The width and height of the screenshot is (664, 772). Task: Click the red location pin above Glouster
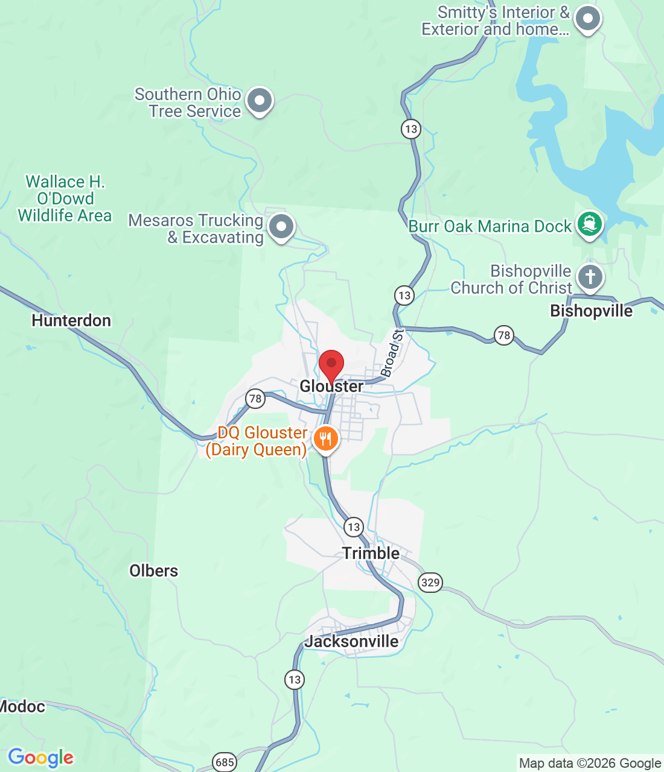tap(331, 364)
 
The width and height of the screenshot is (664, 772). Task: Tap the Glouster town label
tap(331, 387)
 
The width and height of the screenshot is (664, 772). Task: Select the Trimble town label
tap(371, 553)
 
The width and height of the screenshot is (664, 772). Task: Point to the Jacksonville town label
tap(351, 641)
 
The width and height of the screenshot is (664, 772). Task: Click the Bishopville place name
tap(591, 311)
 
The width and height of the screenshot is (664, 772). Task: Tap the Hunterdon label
tap(71, 320)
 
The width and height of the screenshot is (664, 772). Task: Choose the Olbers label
tap(154, 571)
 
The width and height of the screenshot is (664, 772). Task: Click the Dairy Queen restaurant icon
tap(325, 438)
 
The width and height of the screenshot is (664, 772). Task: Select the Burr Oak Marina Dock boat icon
tap(589, 224)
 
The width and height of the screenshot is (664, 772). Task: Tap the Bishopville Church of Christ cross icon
tap(590, 277)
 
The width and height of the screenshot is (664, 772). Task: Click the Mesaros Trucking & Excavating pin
tap(281, 227)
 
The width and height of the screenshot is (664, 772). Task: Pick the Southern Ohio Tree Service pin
tap(260, 101)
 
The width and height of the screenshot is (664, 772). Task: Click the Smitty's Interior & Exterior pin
tap(587, 19)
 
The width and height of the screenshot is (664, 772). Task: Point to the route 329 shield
tap(430, 582)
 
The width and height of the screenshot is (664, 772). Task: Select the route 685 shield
tap(225, 762)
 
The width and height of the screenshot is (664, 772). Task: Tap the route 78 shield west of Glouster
tap(255, 398)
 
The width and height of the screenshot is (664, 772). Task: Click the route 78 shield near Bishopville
tap(503, 335)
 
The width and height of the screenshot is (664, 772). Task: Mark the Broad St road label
tap(392, 353)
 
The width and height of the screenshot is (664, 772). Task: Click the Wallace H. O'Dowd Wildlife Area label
tap(65, 198)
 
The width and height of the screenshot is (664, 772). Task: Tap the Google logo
tap(40, 758)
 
